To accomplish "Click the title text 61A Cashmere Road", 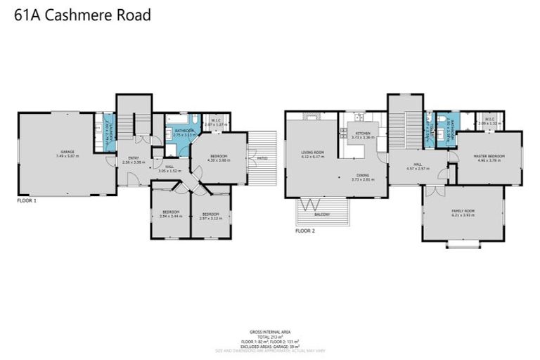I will [x=83, y=15].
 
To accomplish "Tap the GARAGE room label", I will [x=67, y=152].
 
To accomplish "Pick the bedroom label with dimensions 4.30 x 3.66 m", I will [x=217, y=157].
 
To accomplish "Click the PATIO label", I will [x=262, y=158].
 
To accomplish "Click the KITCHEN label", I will [x=362, y=134].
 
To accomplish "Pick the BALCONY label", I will [x=322, y=214].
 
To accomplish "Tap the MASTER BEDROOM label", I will [x=487, y=157].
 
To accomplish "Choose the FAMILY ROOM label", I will [x=463, y=212].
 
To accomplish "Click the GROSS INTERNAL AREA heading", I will [x=270, y=330].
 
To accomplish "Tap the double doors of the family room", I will [x=436, y=191].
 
